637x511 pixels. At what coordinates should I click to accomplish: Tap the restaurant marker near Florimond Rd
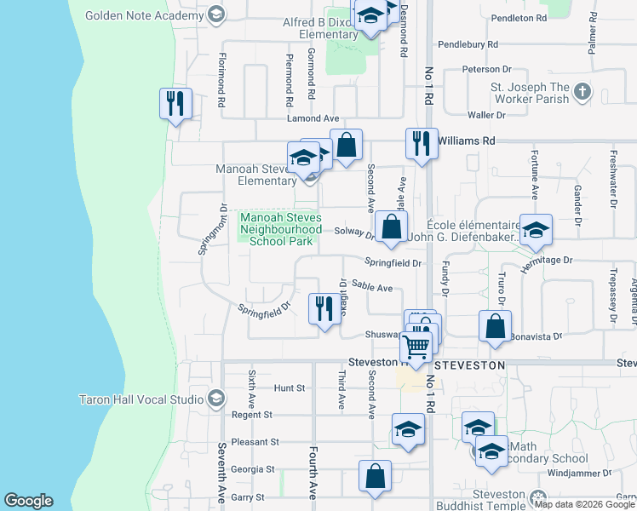coord(175,105)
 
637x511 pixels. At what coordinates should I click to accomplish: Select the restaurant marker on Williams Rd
coord(422,144)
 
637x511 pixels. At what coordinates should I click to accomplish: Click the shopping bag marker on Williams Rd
coord(346,146)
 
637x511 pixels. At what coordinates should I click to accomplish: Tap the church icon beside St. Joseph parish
coord(582,92)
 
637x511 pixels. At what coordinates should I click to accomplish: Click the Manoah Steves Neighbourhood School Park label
coord(281,229)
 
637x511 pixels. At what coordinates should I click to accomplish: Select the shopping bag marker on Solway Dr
coord(391,227)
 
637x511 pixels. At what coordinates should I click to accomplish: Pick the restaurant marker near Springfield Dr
coord(323,309)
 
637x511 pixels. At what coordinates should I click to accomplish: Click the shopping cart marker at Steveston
coord(416,347)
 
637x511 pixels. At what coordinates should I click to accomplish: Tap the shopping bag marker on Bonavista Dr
coord(496,326)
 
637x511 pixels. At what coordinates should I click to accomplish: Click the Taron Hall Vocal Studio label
coord(143,399)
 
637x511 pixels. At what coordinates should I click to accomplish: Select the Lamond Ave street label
coord(313,118)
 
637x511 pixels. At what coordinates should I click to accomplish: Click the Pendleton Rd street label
coord(518,18)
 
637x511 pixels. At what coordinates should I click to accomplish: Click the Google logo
coord(28,501)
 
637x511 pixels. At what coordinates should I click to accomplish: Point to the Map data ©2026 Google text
coord(584,504)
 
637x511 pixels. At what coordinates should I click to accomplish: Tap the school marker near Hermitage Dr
coord(536,230)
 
